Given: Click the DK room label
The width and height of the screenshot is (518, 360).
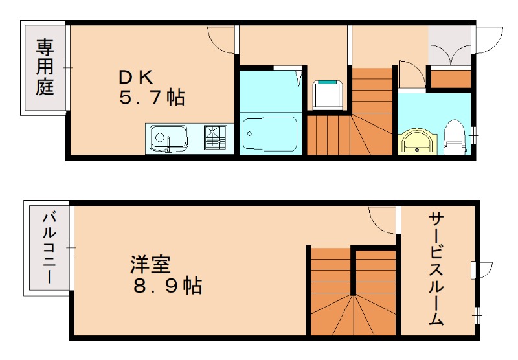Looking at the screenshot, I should (x=135, y=77).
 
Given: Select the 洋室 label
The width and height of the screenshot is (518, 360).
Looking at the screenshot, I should (x=150, y=265).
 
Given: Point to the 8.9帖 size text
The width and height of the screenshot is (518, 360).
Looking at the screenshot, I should (x=167, y=285).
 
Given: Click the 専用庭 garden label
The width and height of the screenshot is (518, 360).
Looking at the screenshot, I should (x=44, y=67).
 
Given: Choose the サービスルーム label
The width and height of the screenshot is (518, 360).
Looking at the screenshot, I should (x=435, y=269).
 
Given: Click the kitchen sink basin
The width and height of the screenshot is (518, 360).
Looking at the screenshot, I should (x=168, y=138).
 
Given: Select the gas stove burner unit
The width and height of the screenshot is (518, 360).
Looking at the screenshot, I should (x=215, y=137).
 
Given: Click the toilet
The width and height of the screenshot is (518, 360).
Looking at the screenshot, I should (x=456, y=137).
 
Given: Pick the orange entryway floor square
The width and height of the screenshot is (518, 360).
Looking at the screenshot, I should (x=451, y=78).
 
